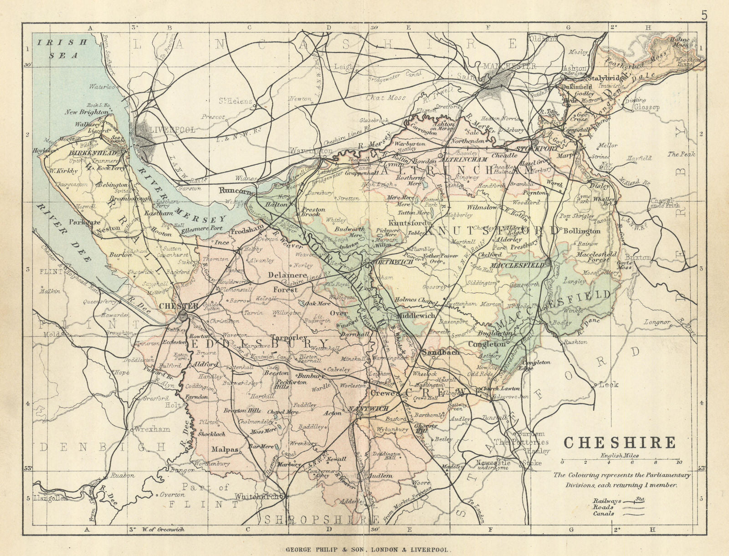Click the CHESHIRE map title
point(620,443)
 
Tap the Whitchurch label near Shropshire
point(260,496)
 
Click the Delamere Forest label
point(285,282)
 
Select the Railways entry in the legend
point(603,500)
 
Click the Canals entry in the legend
point(603,514)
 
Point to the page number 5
point(704,15)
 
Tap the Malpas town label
point(225,449)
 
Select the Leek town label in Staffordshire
point(608,385)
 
